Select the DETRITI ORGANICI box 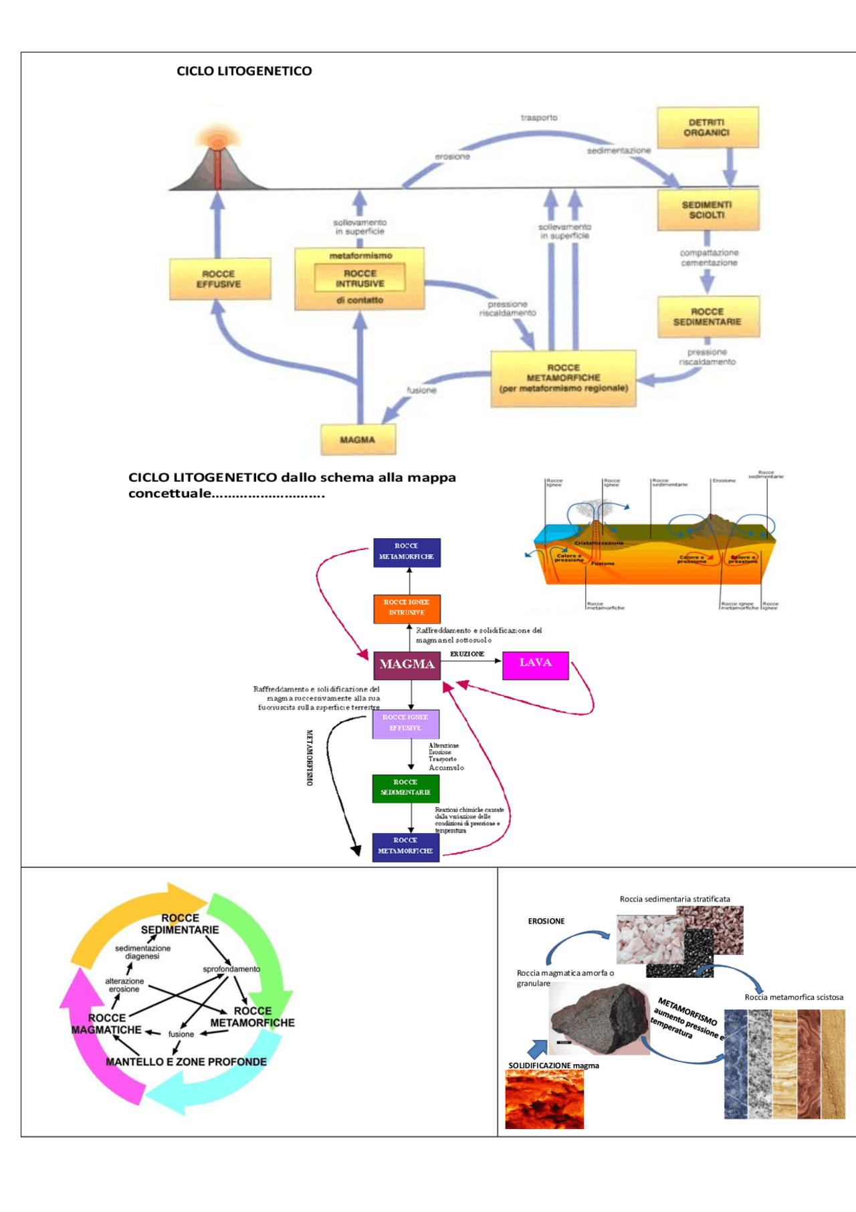click(707, 127)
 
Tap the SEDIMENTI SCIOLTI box click(708, 210)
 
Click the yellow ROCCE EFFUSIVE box click(219, 279)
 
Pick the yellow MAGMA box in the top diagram click(358, 440)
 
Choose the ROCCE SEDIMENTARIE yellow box click(708, 317)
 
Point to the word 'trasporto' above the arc click(539, 118)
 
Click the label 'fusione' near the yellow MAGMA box click(421, 390)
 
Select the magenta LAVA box click(535, 665)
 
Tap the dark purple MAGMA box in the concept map click(407, 665)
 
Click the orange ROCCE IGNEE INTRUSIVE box click(407, 608)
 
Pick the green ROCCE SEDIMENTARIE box click(405, 788)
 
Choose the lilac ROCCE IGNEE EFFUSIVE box click(405, 723)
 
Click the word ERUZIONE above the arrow click(467, 654)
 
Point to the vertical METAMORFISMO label click(310, 758)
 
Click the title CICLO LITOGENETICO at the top click(244, 71)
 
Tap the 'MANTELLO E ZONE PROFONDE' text click(186, 1062)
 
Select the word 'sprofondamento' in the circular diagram click(231, 969)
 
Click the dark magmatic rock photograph click(599, 1019)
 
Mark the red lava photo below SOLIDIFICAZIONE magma click(544, 1100)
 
